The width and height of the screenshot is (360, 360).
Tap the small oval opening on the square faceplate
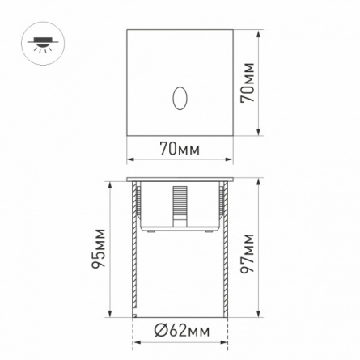click(x=180, y=98)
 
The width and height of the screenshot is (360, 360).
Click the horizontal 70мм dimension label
click(x=180, y=149)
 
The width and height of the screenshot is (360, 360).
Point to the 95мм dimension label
click(x=98, y=250)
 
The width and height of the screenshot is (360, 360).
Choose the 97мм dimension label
click(x=248, y=254)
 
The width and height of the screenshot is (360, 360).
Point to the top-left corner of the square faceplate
click(x=127, y=32)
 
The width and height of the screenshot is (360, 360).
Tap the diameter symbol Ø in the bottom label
click(x=161, y=331)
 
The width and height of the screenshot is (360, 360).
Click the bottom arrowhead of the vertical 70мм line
click(x=258, y=134)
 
